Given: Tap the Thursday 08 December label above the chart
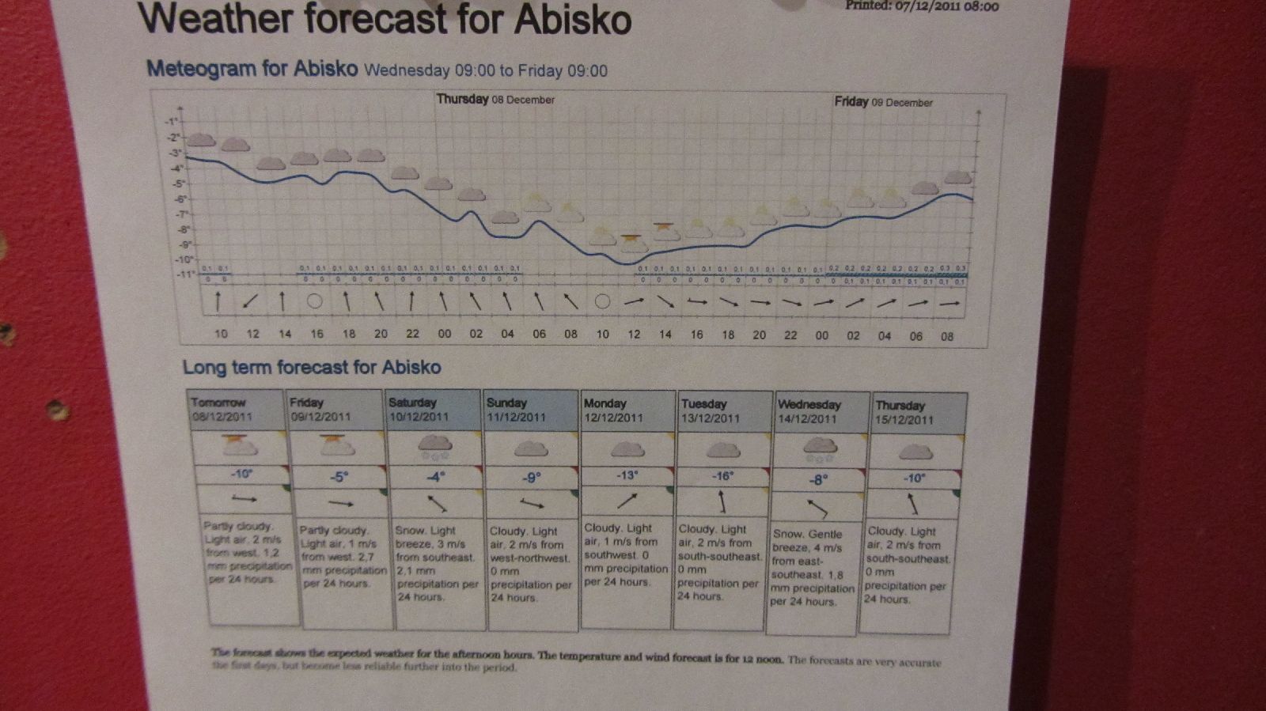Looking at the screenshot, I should [495, 100].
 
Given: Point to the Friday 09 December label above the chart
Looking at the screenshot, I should [883, 102].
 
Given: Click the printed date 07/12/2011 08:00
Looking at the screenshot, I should [922, 6].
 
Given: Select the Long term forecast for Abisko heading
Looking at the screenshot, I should [312, 367].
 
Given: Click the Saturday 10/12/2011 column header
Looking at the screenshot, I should [433, 410].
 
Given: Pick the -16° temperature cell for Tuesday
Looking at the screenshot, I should [722, 476].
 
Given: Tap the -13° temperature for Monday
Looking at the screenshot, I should [627, 475].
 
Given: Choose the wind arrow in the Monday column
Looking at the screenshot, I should [627, 501].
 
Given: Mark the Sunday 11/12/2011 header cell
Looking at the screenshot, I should [530, 410].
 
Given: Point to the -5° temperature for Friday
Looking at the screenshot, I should [339, 477].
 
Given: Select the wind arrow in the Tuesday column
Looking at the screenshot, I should [722, 501].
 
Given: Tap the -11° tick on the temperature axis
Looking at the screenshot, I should [184, 274].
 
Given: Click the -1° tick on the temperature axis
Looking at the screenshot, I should [171, 122].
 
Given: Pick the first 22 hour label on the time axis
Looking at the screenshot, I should [412, 334].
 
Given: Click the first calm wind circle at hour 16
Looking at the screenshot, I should [314, 301].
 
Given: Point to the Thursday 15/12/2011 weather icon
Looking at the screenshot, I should [915, 452].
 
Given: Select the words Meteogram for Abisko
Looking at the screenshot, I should [252, 69].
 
